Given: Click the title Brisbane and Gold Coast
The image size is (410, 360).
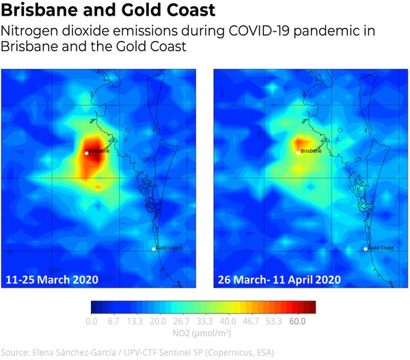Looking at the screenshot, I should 108,12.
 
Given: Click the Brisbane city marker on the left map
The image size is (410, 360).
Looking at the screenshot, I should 86,154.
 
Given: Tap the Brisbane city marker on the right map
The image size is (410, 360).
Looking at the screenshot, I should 298,153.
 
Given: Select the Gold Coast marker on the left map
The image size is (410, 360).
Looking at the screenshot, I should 153,249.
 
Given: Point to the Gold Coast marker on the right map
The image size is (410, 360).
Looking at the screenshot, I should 366,249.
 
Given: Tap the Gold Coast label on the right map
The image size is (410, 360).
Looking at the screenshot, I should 381,248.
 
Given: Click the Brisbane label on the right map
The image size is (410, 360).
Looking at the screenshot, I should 311,151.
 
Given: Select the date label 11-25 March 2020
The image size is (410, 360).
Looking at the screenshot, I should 52,279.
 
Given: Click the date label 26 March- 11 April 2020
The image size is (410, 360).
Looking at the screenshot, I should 279,279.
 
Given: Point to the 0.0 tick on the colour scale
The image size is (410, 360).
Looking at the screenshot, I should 92,320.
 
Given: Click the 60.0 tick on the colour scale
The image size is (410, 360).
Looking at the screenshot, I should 297,320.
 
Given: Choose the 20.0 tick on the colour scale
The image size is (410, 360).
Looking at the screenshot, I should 159,320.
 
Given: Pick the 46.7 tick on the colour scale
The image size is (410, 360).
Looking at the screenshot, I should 251,320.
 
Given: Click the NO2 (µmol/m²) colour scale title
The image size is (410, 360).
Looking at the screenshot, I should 203,333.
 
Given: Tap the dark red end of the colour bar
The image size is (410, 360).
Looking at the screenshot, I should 311,307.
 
